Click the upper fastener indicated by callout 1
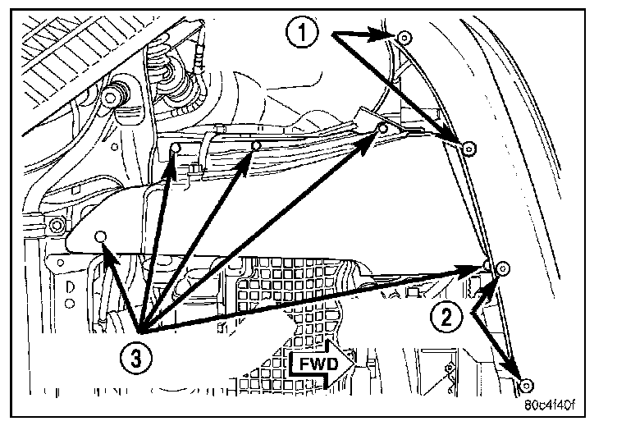pyautogui.click(x=404, y=37)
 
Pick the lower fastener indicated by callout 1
pyautogui.click(x=468, y=149)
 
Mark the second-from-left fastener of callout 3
pyautogui.click(x=175, y=148)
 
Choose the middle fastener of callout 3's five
pyautogui.click(x=256, y=147)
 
